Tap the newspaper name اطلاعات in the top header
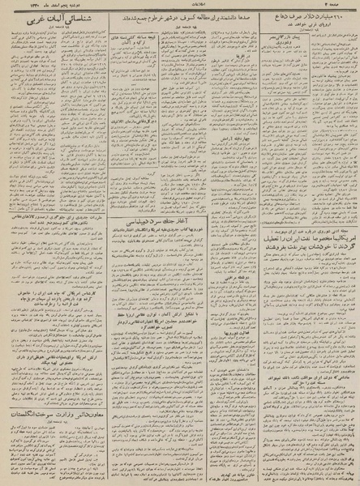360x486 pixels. click(180, 9)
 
